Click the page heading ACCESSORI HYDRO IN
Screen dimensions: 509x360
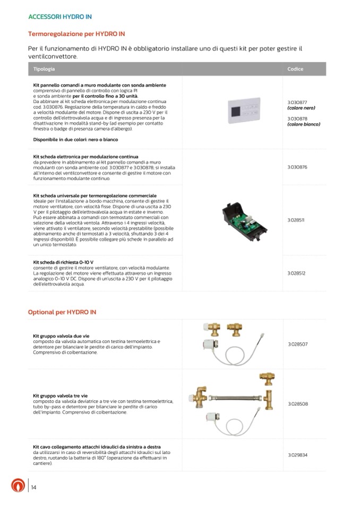[x=60, y=16]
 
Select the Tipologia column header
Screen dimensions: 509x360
[x=44, y=70]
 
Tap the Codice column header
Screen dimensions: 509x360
[x=295, y=70]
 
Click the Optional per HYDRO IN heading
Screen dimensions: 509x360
[x=62, y=312]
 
